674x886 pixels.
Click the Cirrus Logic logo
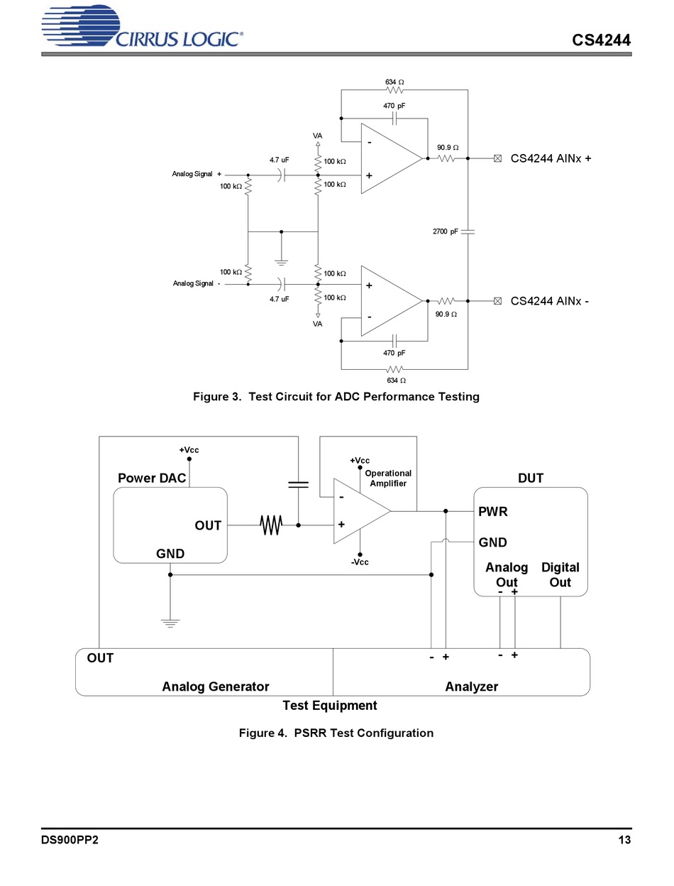point(142,27)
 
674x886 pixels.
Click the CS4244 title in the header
point(601,40)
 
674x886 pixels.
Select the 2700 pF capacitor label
point(446,231)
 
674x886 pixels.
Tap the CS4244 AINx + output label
point(551,158)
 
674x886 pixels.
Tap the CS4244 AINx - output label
point(549,301)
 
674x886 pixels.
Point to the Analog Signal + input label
point(197,174)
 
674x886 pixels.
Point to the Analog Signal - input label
point(197,283)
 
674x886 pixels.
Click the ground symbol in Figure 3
point(281,263)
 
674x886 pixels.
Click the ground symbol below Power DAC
point(170,623)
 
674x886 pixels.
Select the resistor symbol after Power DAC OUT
point(271,525)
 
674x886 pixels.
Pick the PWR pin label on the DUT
point(492,512)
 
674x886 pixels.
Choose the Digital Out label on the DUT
point(560,575)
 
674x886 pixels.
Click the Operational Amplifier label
point(388,478)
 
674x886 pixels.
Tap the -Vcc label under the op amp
point(360,562)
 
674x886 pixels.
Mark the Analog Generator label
point(216,687)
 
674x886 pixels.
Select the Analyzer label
point(472,687)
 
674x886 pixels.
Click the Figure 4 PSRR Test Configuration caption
point(336,733)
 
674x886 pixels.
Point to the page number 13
point(624,840)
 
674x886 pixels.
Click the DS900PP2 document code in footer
point(70,840)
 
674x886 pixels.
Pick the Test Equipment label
point(329,706)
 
